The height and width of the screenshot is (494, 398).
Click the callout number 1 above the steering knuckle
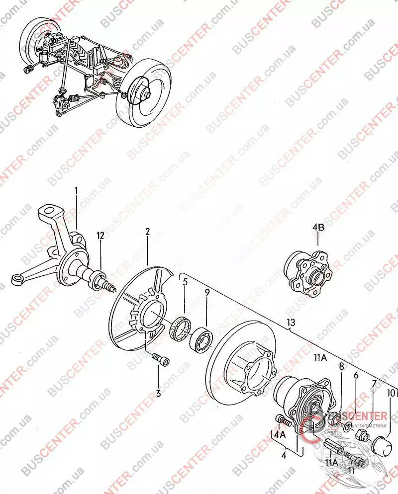[x=77, y=190]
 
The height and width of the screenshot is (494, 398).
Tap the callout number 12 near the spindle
[x=100, y=236]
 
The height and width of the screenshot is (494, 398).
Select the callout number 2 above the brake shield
[x=148, y=232]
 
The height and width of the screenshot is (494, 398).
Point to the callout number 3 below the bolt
[x=159, y=394]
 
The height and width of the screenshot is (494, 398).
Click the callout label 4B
[x=318, y=228]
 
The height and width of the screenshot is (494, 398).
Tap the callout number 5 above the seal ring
[x=185, y=282]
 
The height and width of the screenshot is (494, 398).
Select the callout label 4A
[x=279, y=434]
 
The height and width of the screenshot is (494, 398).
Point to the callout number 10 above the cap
[x=391, y=393]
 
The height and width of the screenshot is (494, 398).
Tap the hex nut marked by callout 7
[x=362, y=436]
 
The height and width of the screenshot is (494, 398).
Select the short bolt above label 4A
[x=284, y=420]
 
